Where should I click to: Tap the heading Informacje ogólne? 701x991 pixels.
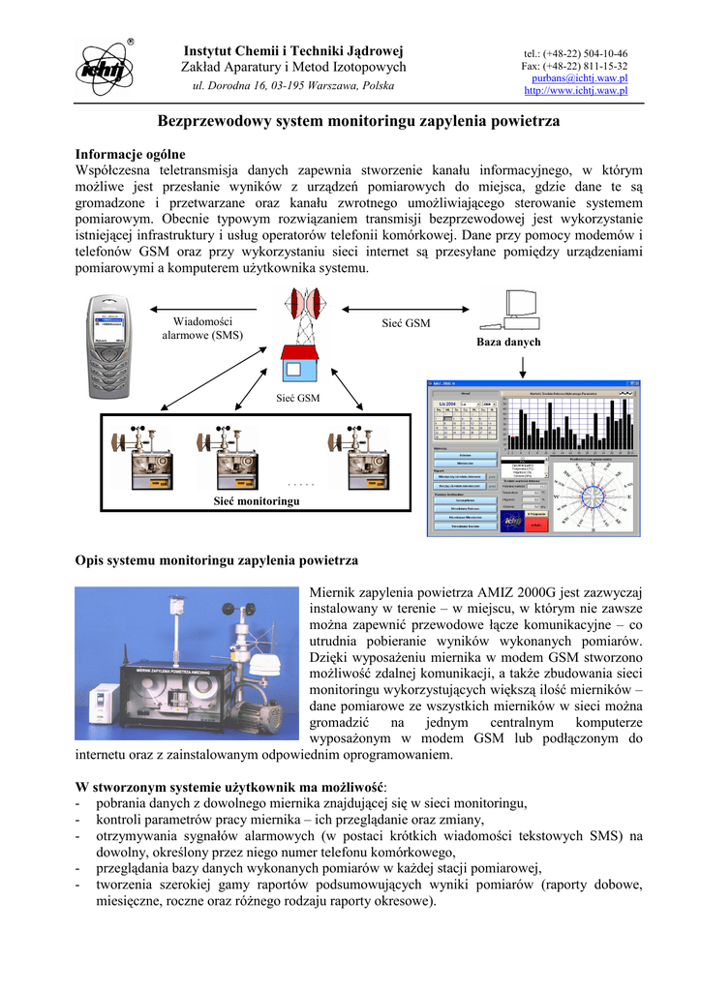click(130, 155)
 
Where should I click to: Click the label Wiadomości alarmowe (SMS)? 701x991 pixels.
click(202, 329)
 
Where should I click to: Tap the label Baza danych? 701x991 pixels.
click(508, 343)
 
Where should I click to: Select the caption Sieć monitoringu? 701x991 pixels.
click(257, 501)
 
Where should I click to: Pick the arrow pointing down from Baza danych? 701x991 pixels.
click(523, 365)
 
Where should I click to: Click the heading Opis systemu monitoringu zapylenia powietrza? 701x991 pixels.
click(217, 560)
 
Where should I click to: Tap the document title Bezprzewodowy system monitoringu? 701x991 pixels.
click(359, 123)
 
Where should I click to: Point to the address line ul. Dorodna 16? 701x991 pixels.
click(293, 86)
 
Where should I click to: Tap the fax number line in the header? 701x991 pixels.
click(574, 66)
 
